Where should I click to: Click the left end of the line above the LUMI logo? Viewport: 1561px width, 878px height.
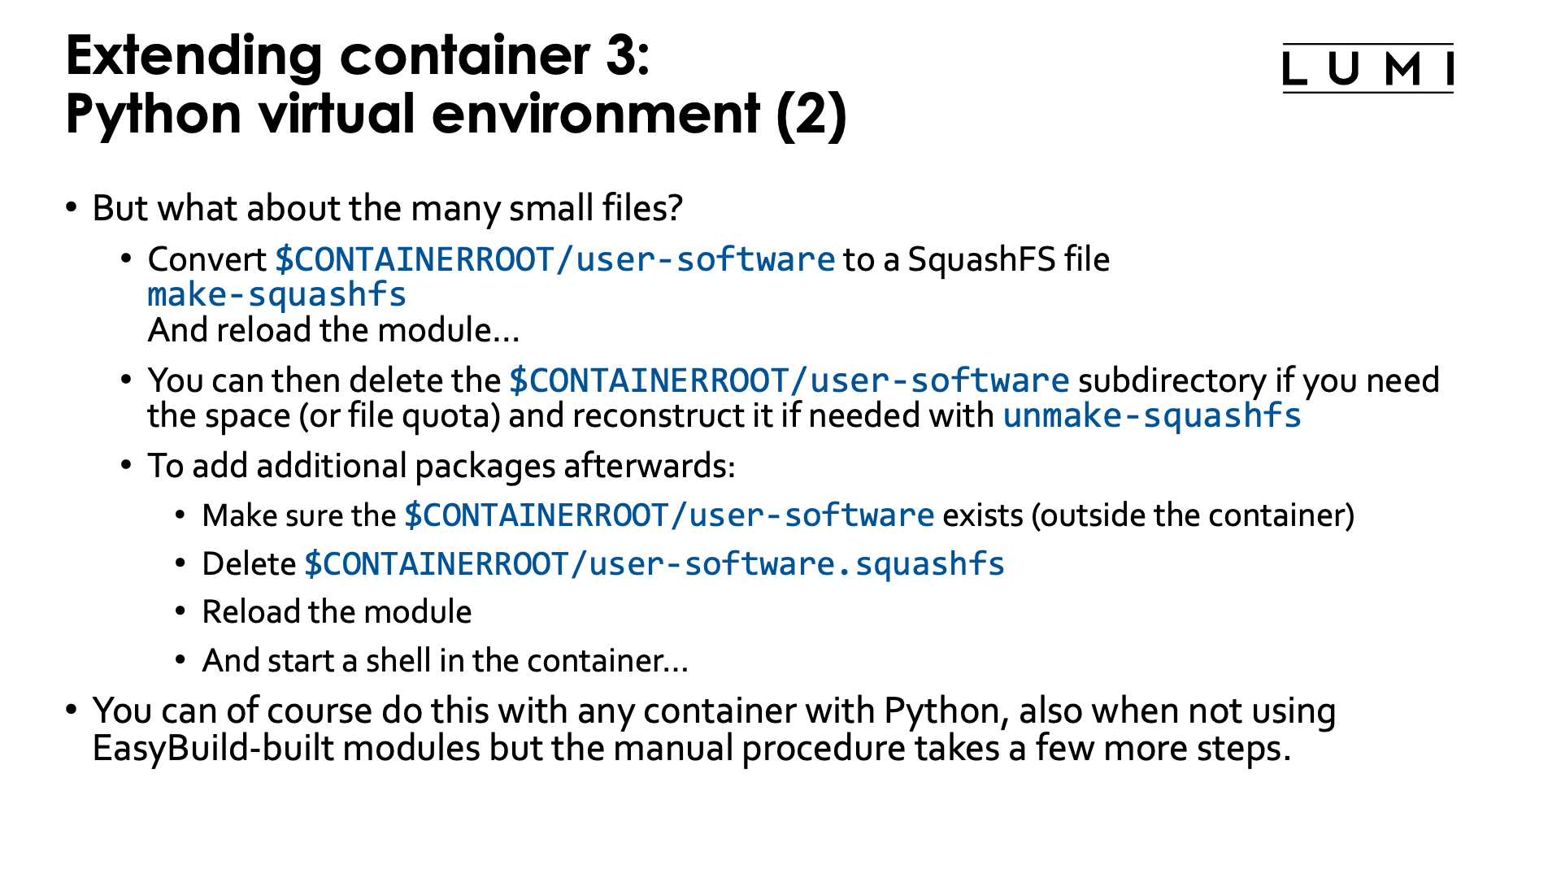(x=1284, y=44)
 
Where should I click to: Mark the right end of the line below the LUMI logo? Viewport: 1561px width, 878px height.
(x=1453, y=93)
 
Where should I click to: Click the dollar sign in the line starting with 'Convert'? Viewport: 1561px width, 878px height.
(x=284, y=260)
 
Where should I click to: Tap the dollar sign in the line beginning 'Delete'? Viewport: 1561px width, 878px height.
(x=313, y=564)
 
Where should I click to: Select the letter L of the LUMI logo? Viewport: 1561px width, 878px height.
(x=1294, y=69)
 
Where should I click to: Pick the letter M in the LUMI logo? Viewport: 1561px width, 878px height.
(x=1403, y=69)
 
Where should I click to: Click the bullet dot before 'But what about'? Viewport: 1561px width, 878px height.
(x=72, y=207)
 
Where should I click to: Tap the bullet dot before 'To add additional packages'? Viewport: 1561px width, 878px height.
(x=126, y=465)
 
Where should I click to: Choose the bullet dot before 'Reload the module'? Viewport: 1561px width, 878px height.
(x=180, y=611)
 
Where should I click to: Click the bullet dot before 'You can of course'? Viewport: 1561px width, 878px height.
(x=72, y=710)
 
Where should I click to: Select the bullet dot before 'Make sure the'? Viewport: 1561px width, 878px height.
(x=180, y=515)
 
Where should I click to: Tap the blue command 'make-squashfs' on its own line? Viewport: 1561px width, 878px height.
(x=276, y=294)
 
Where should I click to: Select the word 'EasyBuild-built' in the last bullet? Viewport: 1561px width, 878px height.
(x=214, y=748)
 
